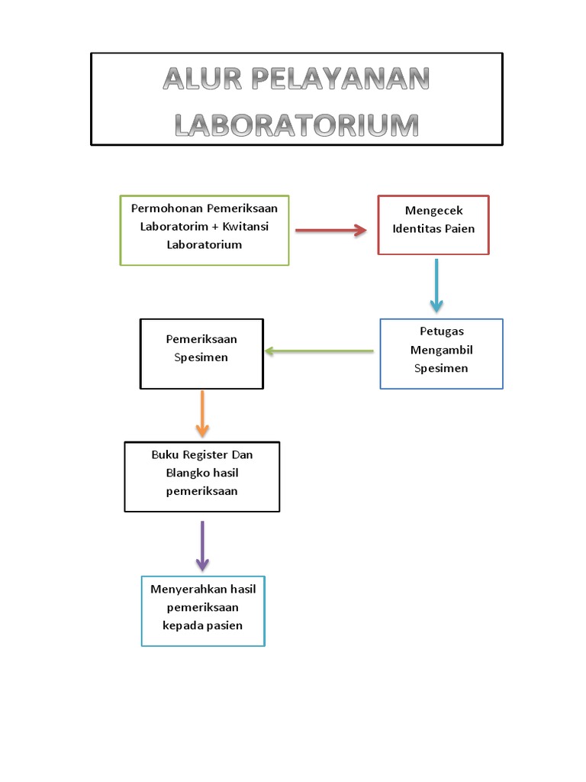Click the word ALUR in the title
(x=201, y=79)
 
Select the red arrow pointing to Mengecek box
(x=331, y=231)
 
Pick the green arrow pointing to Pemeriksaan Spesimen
(x=319, y=351)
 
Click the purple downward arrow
(x=202, y=545)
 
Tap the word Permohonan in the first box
(x=167, y=208)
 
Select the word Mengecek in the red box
(x=433, y=210)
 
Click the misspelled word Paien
(x=459, y=228)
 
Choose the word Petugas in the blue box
(x=441, y=331)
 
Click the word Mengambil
(x=441, y=350)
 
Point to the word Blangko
(x=186, y=473)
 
